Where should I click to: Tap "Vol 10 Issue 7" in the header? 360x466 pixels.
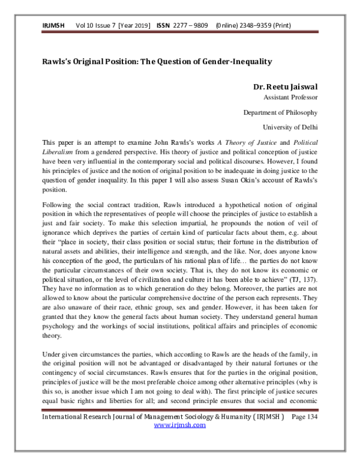(x=96, y=26)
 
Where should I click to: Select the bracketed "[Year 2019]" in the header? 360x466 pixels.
(x=136, y=26)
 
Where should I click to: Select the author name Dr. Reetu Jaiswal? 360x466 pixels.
(x=286, y=86)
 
